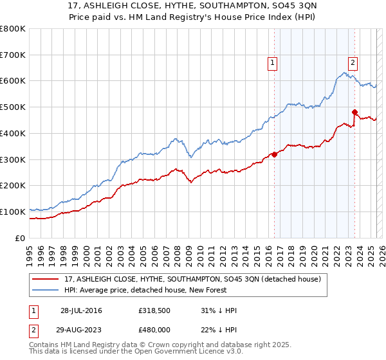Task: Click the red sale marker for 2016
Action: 274,154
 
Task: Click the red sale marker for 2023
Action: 354,112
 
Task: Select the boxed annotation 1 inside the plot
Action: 273,62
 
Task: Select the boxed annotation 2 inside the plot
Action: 353,62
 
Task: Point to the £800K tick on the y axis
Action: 14,29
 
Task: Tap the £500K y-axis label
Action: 14,107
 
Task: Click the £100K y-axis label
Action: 14,212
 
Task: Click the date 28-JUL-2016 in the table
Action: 82,310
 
